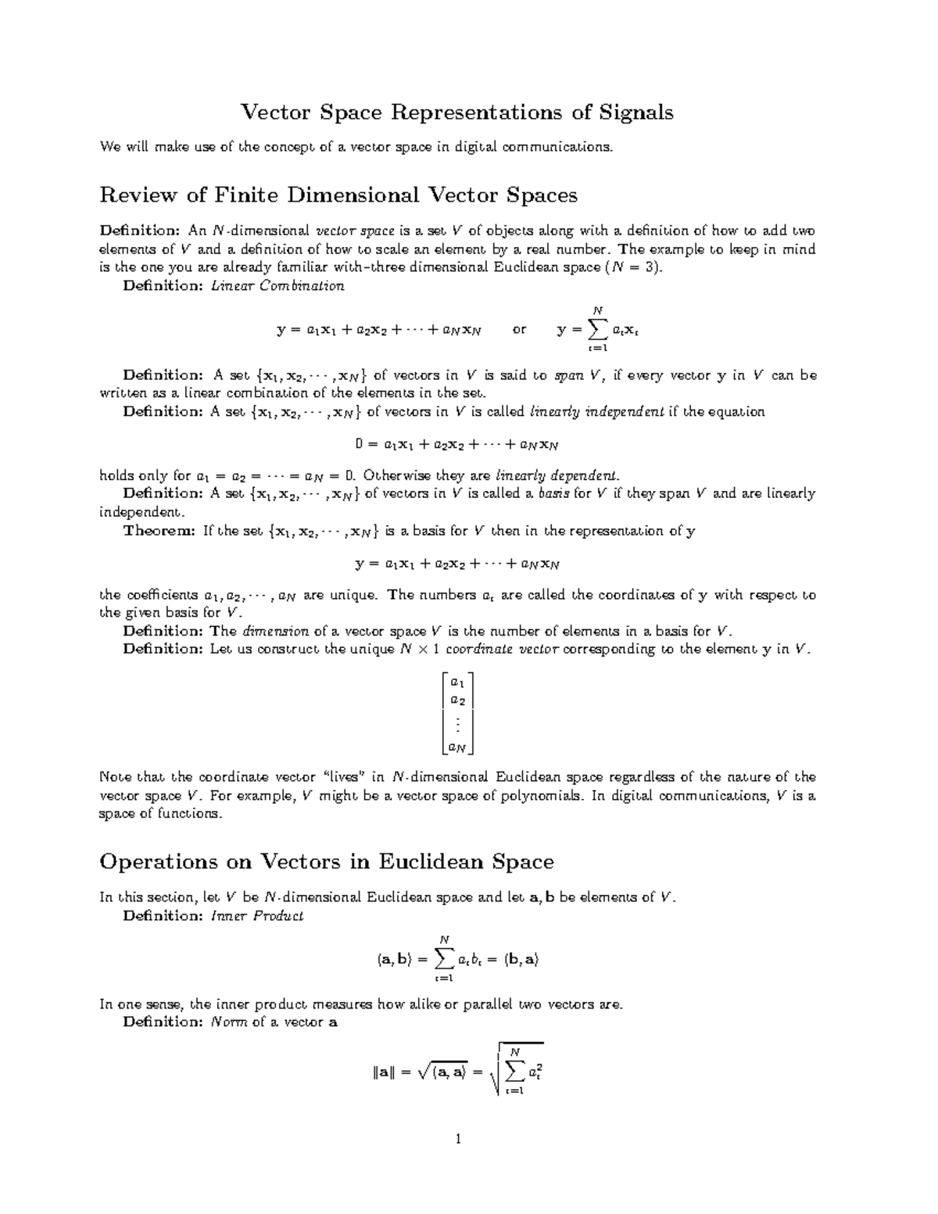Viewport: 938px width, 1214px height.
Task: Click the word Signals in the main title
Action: coord(635,113)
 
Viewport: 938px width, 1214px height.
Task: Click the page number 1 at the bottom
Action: coord(458,1139)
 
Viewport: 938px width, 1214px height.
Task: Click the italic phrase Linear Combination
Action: coord(277,286)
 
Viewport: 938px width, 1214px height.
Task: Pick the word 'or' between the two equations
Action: coord(520,330)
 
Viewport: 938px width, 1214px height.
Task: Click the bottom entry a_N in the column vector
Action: coord(456,748)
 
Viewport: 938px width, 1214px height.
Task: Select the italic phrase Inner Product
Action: coord(257,915)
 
